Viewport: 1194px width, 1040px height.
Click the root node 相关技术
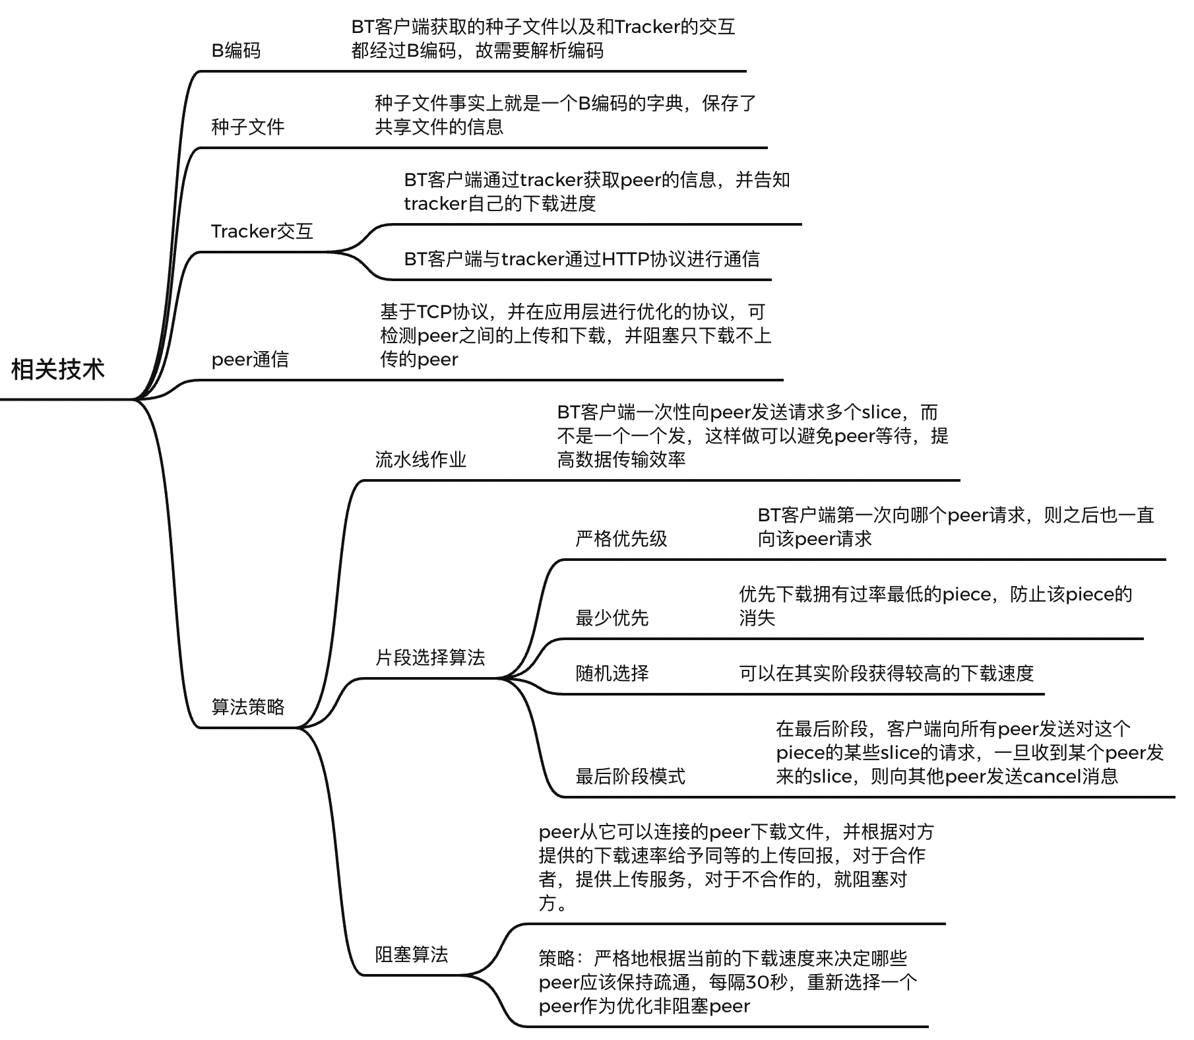(x=58, y=370)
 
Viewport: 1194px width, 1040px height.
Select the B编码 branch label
(x=236, y=51)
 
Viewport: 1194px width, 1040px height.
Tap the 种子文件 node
(x=247, y=127)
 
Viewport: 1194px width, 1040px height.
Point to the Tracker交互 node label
(x=262, y=231)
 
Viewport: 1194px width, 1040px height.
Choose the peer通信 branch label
(x=250, y=360)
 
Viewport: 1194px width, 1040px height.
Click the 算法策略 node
(x=247, y=707)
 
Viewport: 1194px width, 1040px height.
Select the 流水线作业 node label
(x=420, y=459)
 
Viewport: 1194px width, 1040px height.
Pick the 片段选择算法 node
(x=429, y=657)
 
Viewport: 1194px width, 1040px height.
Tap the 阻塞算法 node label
(x=411, y=954)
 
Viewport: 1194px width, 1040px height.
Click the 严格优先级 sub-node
(x=621, y=538)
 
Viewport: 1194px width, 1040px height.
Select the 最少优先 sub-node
(x=612, y=618)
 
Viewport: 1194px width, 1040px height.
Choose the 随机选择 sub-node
(x=612, y=673)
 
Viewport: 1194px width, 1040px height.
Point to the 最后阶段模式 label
(x=630, y=776)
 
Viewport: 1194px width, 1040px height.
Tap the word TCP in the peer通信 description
(x=434, y=311)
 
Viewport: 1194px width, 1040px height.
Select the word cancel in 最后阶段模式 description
(x=1052, y=776)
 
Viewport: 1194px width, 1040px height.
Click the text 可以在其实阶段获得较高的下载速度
(x=886, y=673)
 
